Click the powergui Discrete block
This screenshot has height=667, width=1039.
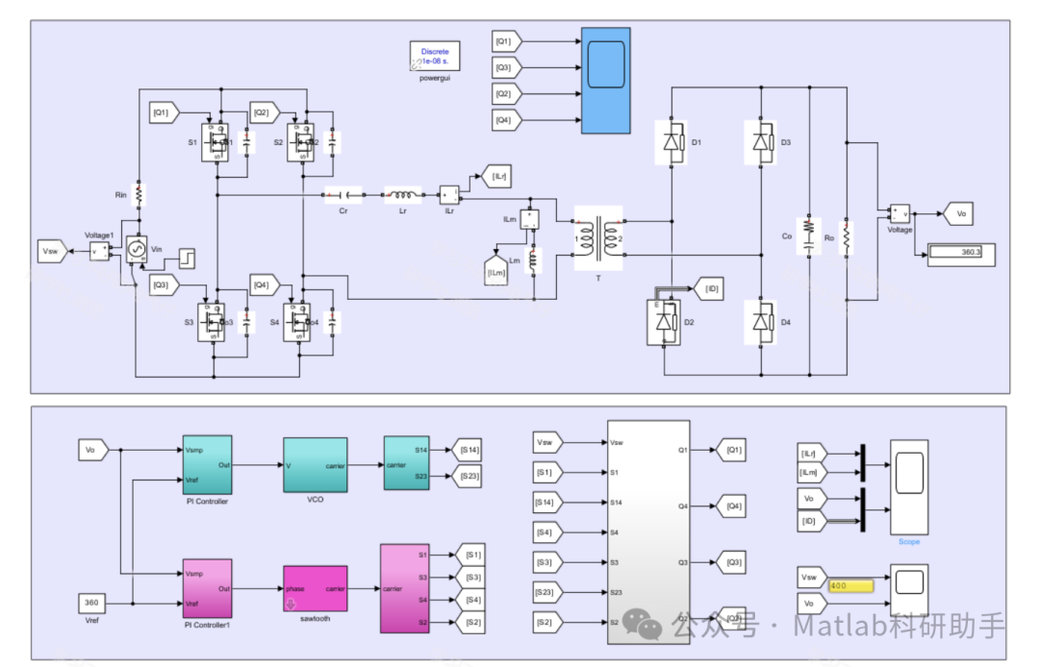click(435, 56)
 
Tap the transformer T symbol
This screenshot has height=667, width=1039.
click(598, 236)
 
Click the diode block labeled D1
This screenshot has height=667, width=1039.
click(672, 143)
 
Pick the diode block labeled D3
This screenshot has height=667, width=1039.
click(761, 143)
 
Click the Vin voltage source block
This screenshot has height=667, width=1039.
click(136, 250)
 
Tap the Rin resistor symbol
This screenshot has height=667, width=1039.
click(139, 194)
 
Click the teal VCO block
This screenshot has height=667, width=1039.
click(315, 463)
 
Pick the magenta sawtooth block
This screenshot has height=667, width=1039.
click(315, 587)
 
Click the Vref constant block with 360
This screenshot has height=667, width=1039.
click(91, 603)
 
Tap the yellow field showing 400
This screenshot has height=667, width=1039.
click(849, 585)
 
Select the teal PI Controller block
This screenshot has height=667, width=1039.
click(207, 463)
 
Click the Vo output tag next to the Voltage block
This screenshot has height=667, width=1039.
click(960, 214)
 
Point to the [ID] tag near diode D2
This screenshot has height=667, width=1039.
click(711, 287)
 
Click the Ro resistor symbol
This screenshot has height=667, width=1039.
click(847, 236)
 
